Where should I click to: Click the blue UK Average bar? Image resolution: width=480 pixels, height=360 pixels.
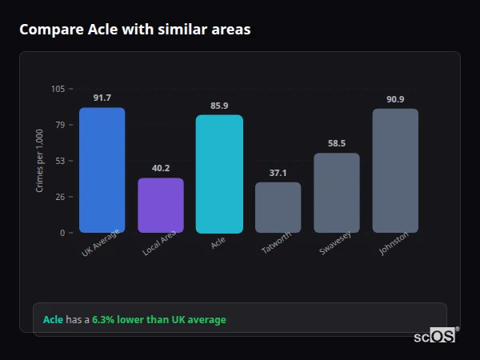tap(102, 170)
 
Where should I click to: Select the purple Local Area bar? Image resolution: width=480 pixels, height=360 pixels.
tap(161, 206)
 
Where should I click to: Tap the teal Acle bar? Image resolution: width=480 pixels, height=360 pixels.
tap(219, 174)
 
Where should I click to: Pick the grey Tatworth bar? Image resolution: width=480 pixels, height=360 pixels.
tap(278, 208)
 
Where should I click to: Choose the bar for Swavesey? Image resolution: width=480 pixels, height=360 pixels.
tap(337, 193)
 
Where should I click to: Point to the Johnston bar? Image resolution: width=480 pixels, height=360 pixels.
tap(395, 171)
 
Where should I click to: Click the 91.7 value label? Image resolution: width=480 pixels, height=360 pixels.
tap(102, 98)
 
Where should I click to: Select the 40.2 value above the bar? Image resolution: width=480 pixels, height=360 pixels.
tap(161, 168)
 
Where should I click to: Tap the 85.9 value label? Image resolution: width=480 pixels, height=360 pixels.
tap(219, 106)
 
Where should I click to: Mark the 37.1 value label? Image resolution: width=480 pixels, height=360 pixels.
tap(278, 173)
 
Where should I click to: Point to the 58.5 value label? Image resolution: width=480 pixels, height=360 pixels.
tap(337, 144)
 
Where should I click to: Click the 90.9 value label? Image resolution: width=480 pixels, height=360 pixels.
tap(395, 99)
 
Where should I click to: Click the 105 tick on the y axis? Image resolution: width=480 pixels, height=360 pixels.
tap(58, 89)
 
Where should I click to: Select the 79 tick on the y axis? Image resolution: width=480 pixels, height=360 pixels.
tap(60, 125)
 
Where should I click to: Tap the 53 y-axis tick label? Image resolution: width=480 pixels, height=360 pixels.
tap(60, 161)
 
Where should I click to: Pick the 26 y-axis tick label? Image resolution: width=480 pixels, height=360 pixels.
tap(60, 197)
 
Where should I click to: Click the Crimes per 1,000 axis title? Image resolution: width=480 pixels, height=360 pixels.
tap(40, 161)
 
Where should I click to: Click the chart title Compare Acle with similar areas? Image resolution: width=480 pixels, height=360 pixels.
tap(135, 30)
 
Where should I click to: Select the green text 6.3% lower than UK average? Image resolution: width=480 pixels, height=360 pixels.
tap(159, 320)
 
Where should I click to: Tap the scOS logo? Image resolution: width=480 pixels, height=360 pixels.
tap(435, 336)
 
